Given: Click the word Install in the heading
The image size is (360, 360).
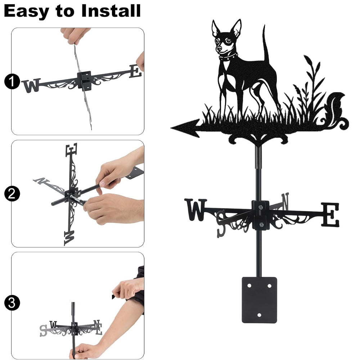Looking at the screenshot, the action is tap(111, 11).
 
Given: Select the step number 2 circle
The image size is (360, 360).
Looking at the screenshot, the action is tap(12, 194).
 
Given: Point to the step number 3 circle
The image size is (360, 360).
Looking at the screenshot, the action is tap(12, 303).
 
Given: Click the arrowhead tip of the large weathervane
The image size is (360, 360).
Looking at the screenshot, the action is tap(171, 128).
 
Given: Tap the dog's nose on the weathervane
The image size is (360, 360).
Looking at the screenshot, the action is tap(219, 49).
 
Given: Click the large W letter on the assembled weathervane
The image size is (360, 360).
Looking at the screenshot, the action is tap(195, 210).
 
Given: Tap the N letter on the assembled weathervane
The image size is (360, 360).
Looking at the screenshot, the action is tap(285, 201).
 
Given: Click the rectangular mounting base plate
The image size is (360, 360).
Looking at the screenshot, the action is tap(259, 300).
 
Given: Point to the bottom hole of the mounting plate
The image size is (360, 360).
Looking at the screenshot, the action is tap(259, 315).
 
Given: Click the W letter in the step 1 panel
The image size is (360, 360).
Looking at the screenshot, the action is tap(31, 85).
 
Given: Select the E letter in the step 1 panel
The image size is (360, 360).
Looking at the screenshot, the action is tap(135, 71).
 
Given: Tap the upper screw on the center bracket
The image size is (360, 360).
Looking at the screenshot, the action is tap(260, 208).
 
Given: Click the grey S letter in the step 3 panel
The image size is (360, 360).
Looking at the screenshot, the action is tap(43, 330).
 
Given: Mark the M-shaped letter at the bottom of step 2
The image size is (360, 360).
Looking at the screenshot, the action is tap(69, 238).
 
